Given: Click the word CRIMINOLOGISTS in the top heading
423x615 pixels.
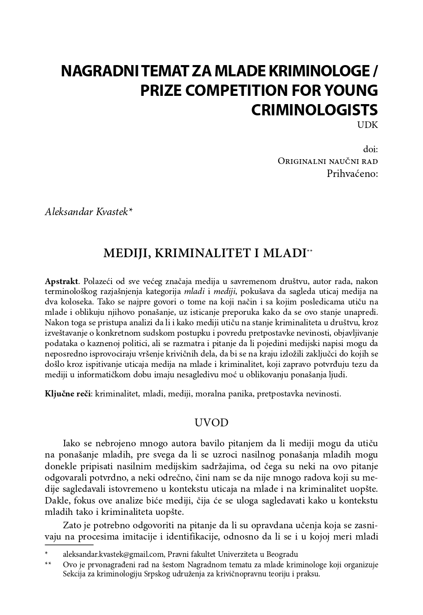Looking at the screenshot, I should [x=315, y=109].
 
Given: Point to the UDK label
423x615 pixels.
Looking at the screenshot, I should [x=368, y=125].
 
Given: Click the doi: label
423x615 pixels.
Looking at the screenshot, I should [x=371, y=149].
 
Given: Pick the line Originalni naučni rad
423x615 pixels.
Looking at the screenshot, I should [x=328, y=161].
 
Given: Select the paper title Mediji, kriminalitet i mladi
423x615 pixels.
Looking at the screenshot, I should [x=204, y=253].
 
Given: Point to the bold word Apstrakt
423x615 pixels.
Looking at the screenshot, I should [x=62, y=281].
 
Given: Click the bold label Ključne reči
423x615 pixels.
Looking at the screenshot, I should [x=68, y=394].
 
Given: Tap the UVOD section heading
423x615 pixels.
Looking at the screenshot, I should [x=211, y=423].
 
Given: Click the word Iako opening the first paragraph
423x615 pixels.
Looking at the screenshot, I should [x=72, y=443].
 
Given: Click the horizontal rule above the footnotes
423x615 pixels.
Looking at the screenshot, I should [x=69, y=544].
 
